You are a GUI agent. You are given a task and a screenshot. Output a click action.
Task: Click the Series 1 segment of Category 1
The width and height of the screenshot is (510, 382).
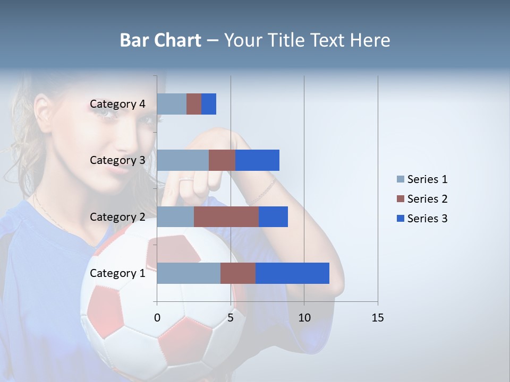coord(189,273)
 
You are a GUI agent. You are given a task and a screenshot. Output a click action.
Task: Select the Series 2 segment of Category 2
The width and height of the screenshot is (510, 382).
coord(226,216)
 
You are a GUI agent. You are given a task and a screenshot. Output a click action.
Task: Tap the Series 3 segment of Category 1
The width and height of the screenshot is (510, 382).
coord(292,273)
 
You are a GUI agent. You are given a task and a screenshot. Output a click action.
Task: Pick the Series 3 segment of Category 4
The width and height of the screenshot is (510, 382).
coord(209,104)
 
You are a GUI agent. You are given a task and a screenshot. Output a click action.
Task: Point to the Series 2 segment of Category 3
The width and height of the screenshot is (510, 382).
coord(222,160)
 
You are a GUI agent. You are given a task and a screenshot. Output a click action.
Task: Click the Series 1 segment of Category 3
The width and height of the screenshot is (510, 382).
coord(183,160)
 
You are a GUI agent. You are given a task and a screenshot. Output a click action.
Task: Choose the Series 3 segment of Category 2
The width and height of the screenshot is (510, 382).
coord(273,216)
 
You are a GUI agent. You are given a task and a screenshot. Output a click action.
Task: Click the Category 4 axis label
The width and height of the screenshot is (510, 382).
coord(117,104)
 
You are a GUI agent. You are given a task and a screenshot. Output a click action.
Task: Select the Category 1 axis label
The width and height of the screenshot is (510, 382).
coord(117,273)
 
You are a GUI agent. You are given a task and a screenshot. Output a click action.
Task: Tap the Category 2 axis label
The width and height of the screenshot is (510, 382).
coord(117,216)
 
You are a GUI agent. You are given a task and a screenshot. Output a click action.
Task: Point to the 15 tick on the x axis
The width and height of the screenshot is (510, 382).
coord(377,318)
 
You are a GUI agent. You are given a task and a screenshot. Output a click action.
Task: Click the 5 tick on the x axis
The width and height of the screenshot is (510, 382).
coord(231,318)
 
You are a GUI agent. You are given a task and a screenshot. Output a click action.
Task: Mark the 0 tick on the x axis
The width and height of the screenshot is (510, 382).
coord(157,318)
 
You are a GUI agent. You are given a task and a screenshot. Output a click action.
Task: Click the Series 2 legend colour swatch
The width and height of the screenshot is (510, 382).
coord(400,199)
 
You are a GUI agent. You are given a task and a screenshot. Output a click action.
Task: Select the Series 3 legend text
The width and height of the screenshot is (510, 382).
coord(427,219)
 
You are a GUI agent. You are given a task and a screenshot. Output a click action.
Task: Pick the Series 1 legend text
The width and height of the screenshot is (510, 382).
coord(427,179)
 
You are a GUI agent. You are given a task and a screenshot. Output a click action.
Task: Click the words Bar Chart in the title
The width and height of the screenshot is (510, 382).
coord(160,40)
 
